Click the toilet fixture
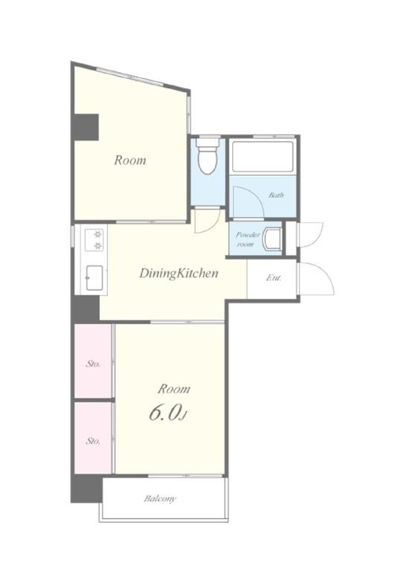[208, 156]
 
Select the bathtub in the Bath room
[263, 157]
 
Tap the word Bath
[276, 196]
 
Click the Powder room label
[248, 239]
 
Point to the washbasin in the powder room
[272, 239]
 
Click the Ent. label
[274, 278]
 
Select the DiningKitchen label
[179, 273]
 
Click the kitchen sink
[94, 278]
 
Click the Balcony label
[159, 499]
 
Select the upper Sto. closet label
[93, 364]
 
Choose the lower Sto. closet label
[93, 441]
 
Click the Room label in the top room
[130, 161]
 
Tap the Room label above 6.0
[174, 389]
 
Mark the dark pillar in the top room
[86, 127]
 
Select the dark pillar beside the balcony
[86, 488]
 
